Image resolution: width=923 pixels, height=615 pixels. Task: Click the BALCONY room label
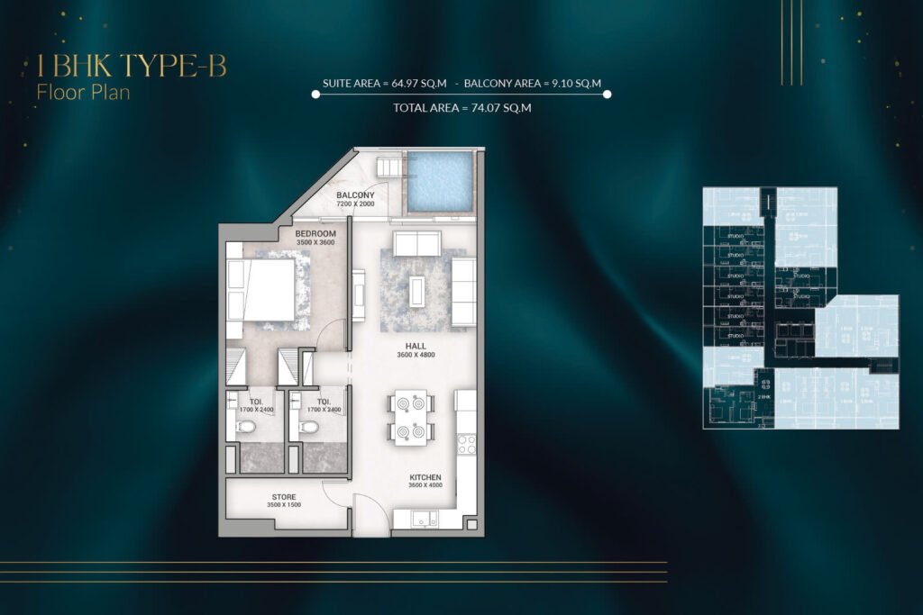pyautogui.click(x=355, y=194)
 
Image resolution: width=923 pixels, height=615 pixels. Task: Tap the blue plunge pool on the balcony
pyautogui.click(x=439, y=182)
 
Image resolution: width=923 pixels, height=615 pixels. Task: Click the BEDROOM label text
pyautogui.click(x=315, y=233)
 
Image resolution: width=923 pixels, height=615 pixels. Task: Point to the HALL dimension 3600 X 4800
pyautogui.click(x=416, y=355)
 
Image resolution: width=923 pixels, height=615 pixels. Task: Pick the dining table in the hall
pyautogui.click(x=411, y=417)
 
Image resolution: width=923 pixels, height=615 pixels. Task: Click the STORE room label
pyautogui.click(x=284, y=497)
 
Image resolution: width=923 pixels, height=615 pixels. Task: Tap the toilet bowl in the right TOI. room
pyautogui.click(x=309, y=427)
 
